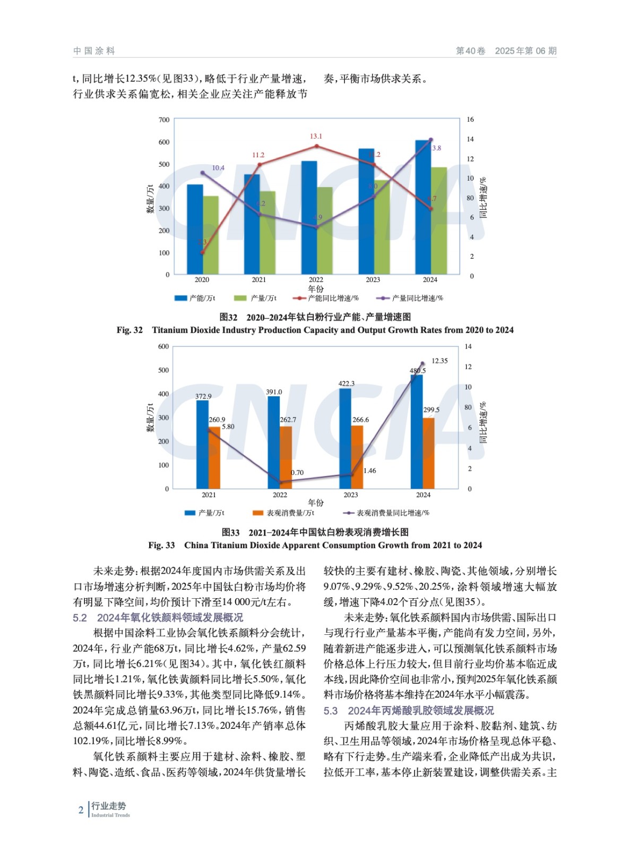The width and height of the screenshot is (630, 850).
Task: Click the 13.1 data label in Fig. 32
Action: [x=316, y=137]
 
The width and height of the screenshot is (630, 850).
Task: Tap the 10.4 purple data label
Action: [x=218, y=168]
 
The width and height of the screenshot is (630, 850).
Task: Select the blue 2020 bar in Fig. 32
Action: [x=195, y=229]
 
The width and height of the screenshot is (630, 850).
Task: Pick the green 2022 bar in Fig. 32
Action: [x=324, y=230]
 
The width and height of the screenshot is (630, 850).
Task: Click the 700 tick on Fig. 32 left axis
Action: [x=164, y=120]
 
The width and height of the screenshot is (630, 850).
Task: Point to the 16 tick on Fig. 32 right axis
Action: [x=470, y=120]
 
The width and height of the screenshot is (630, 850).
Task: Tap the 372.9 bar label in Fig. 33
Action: [x=203, y=396]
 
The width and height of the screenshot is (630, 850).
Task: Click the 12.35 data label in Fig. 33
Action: [x=439, y=361]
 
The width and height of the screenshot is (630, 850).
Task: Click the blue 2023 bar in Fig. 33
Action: [x=345, y=438]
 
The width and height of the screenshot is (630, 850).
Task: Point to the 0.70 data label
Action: [x=297, y=472]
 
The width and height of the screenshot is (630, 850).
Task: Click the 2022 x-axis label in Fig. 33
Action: [x=280, y=495]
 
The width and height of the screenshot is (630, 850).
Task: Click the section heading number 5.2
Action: [x=80, y=618]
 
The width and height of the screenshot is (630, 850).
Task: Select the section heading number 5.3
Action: [x=331, y=711]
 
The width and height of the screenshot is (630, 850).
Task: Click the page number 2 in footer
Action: [x=81, y=810]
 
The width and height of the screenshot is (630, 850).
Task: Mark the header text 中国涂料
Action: [x=94, y=51]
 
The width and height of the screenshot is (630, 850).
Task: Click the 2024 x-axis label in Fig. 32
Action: [x=430, y=280]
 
